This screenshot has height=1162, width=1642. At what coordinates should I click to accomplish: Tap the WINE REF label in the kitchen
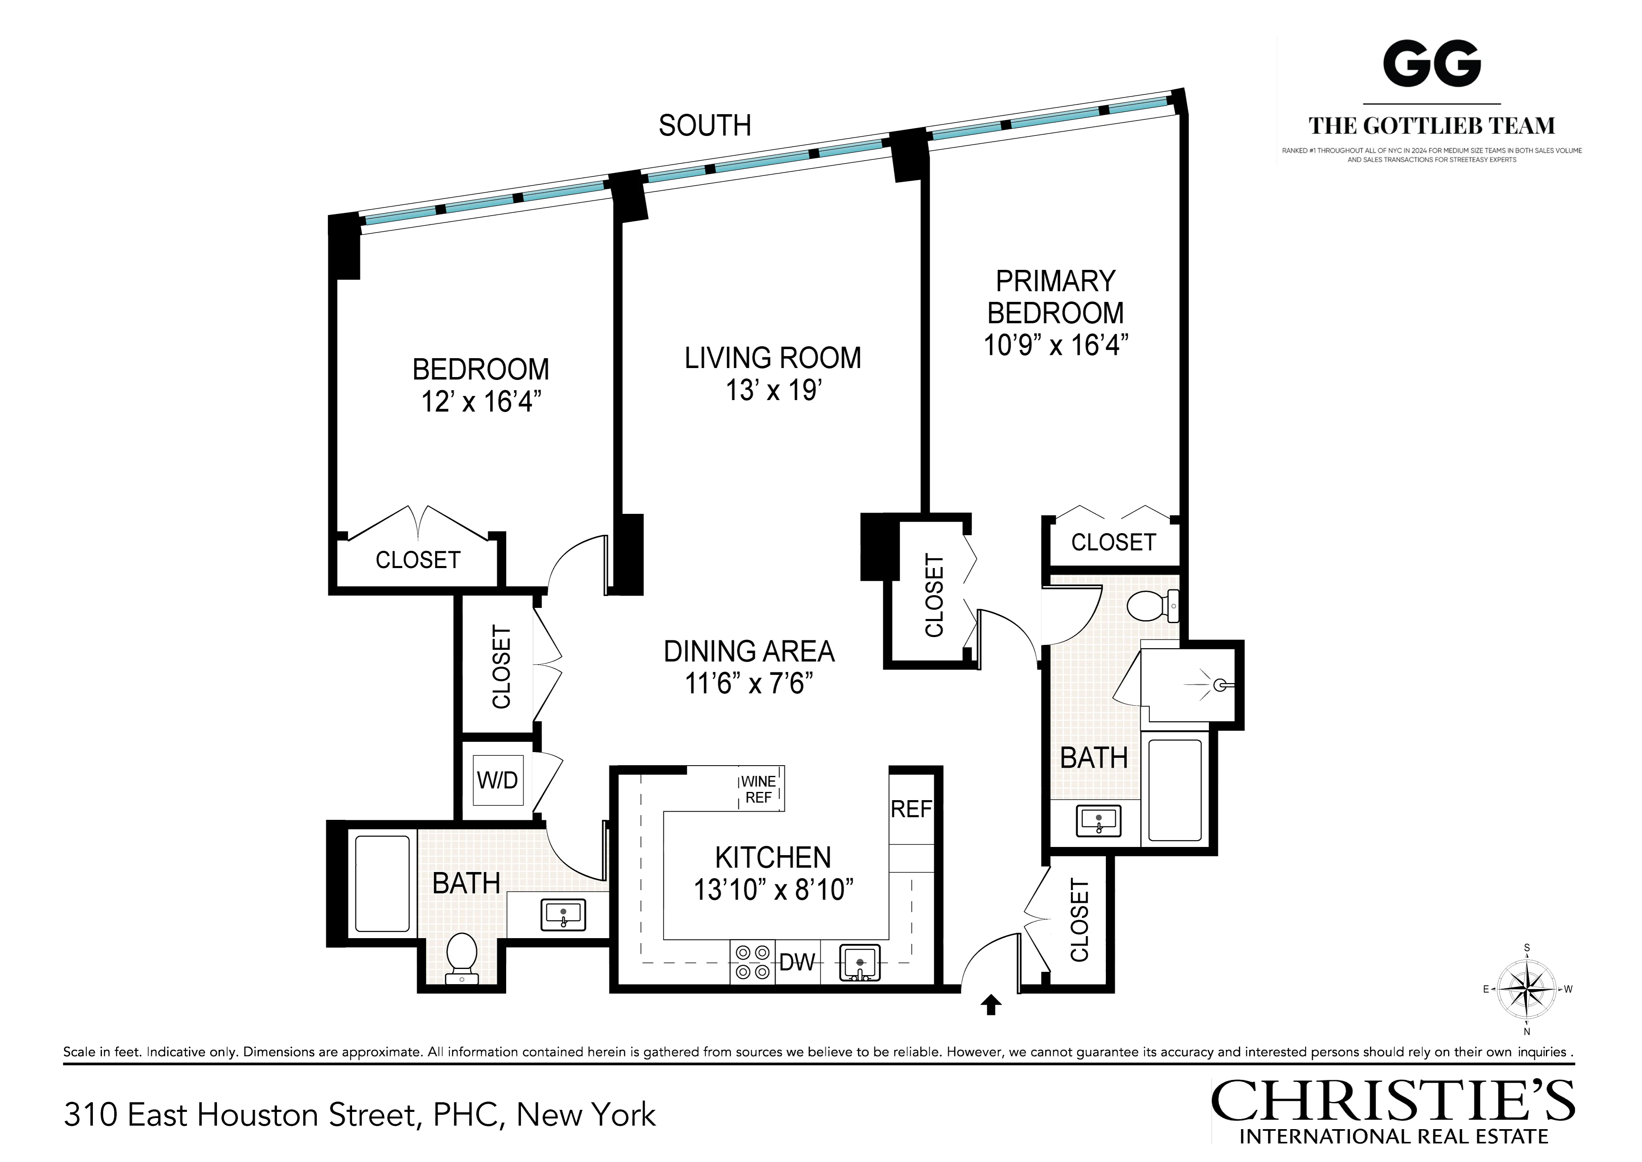pos(758,789)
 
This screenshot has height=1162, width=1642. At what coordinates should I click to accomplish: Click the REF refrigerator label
pos(911,809)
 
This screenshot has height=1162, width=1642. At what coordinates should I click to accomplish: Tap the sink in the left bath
pos(564,915)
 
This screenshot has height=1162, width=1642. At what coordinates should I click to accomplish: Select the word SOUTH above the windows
pos(705,126)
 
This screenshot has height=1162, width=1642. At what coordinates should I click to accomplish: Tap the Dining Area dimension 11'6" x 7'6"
pos(749,684)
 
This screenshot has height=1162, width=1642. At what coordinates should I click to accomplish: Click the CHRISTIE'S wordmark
pos(1392,1102)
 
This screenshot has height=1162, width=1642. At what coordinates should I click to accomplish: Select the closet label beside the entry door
pos(1079,921)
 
